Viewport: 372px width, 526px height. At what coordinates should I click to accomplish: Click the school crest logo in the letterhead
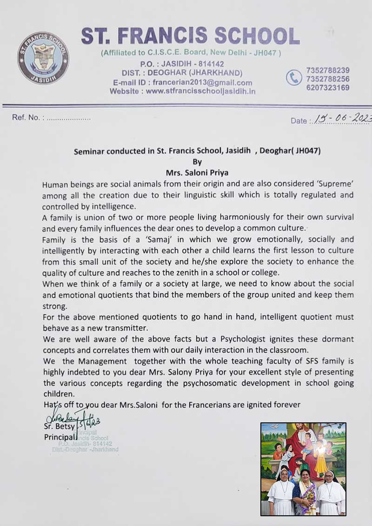(43, 58)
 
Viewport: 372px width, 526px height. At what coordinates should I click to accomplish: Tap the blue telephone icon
(294, 78)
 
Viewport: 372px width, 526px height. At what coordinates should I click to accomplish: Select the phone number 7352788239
(328, 70)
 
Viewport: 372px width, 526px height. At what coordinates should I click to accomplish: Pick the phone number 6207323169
(328, 87)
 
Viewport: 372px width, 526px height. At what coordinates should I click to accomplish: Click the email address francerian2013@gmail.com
(202, 83)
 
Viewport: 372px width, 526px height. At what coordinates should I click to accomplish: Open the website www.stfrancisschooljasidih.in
(200, 92)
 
